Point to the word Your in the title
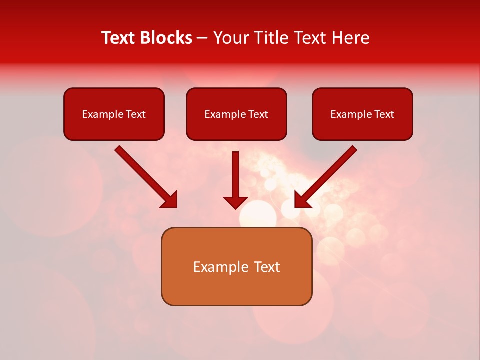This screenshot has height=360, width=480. click(x=231, y=38)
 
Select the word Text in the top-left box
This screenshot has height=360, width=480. click(x=136, y=114)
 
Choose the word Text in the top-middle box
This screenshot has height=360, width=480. click(x=258, y=114)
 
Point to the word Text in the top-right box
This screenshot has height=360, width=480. click(x=384, y=114)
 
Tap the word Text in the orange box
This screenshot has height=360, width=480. click(x=268, y=267)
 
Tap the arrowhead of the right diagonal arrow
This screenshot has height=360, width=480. click(x=303, y=199)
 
